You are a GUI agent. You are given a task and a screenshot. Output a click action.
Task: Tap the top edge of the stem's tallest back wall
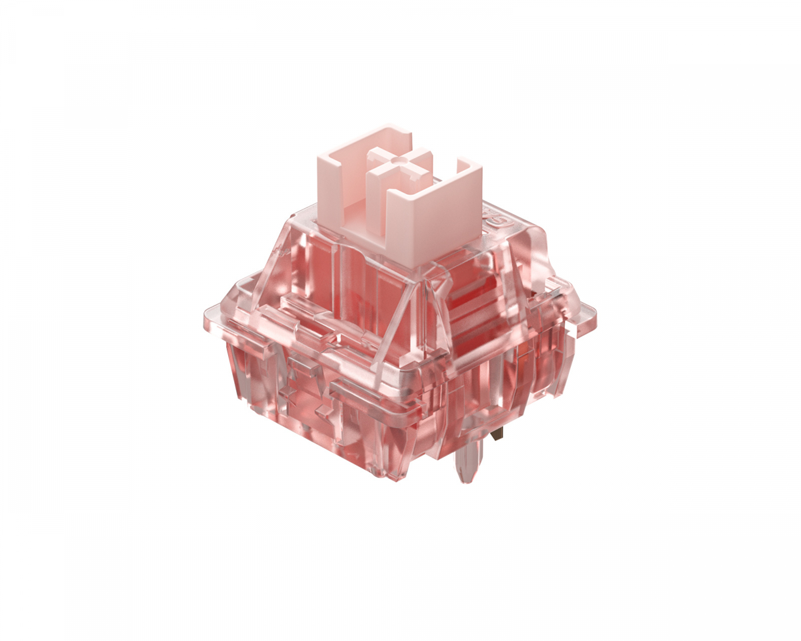[364, 134]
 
